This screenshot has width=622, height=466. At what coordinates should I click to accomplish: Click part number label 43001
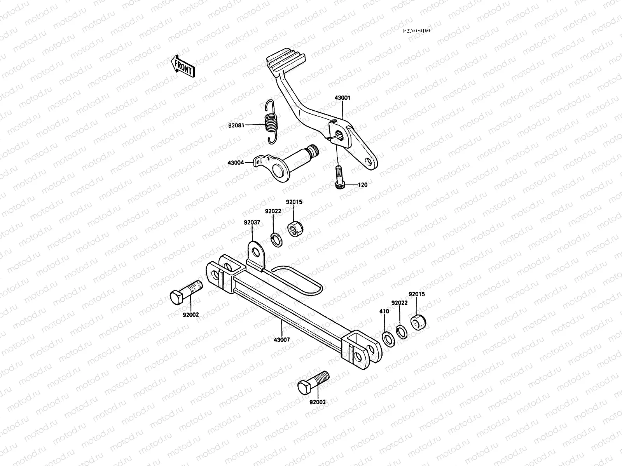[x=342, y=98]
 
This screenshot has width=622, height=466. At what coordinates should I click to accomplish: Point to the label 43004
[x=236, y=163]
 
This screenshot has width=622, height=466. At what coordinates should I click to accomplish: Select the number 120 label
[x=362, y=185]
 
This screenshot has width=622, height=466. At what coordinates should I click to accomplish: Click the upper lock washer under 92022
[x=276, y=240]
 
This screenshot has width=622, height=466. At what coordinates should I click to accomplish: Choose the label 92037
[x=252, y=223]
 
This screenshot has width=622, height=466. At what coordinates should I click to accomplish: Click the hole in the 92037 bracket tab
[x=256, y=253]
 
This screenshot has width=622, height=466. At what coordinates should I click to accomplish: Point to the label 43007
[x=281, y=339]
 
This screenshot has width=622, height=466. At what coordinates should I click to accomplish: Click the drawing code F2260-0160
[x=416, y=31]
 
